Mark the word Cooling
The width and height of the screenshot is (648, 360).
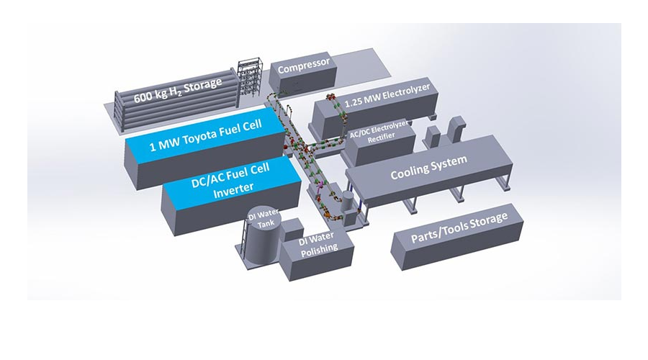(411, 170)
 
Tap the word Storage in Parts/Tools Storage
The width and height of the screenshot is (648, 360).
(487, 218)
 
